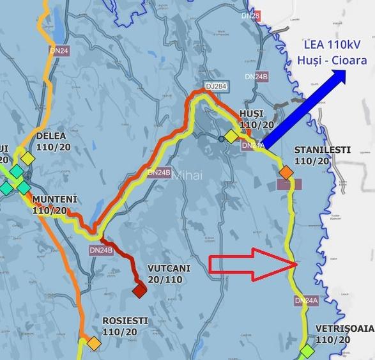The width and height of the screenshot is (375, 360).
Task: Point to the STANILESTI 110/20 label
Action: [x=322, y=155]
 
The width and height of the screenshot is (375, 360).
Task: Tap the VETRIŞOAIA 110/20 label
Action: [x=344, y=334]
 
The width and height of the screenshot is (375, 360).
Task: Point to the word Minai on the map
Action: [x=187, y=175]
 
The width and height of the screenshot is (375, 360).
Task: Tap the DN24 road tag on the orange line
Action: [x=59, y=49]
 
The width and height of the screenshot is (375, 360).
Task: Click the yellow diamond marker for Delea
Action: [x=27, y=157]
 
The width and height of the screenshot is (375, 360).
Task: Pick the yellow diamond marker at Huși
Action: [x=231, y=136]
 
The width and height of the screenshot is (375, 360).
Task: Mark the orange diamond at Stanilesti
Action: [x=286, y=173]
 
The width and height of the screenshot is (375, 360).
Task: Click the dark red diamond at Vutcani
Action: [x=139, y=291]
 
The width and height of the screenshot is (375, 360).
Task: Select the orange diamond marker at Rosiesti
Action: [x=94, y=343]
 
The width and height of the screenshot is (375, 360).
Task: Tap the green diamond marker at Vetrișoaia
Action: [x=308, y=351]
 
